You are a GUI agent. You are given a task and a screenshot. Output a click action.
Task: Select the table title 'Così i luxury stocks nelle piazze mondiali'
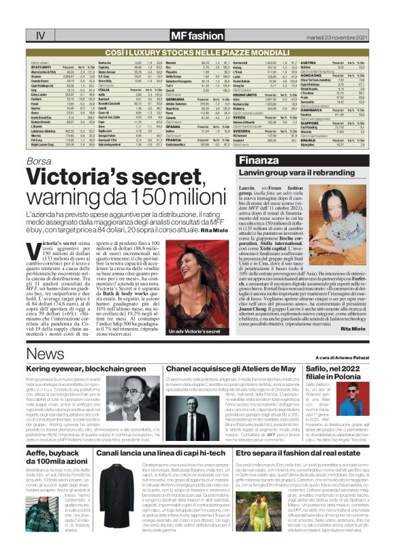tap(197, 51)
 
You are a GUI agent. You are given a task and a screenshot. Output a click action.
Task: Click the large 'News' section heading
tap(45, 355)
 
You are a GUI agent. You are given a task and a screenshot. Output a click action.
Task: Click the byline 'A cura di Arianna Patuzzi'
tap(341, 357)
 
